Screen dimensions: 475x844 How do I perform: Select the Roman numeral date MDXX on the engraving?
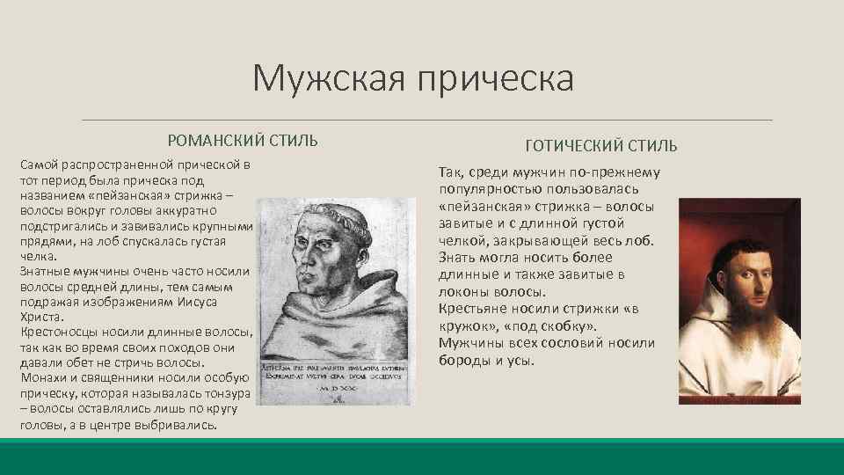pos(338,388)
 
